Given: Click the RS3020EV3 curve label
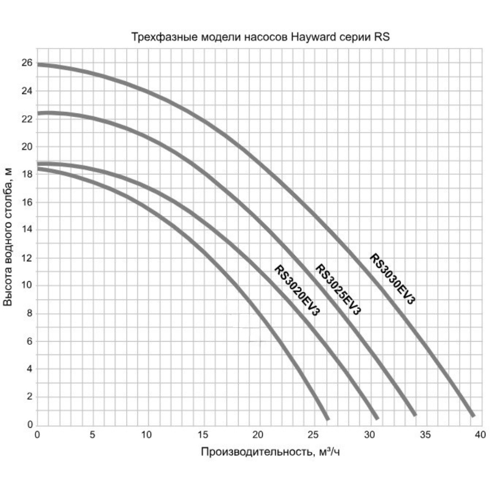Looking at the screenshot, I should [297, 290].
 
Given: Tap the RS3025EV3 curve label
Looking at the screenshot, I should [338, 289].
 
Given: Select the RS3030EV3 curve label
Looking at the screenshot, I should [392, 279].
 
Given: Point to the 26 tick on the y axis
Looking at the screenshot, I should [28, 63].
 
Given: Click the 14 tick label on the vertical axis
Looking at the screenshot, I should [28, 230].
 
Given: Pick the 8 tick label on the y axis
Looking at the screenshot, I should [30, 314].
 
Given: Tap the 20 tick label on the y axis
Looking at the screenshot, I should [28, 147].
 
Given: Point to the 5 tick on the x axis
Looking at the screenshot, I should [93, 434].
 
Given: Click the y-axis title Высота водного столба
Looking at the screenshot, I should [9, 236].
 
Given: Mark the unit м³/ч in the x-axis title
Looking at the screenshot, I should [329, 452].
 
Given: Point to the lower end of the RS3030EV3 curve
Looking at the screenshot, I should [473, 415].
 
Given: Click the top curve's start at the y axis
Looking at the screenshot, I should [38, 64].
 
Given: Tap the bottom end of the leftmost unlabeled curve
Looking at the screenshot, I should [327, 418].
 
